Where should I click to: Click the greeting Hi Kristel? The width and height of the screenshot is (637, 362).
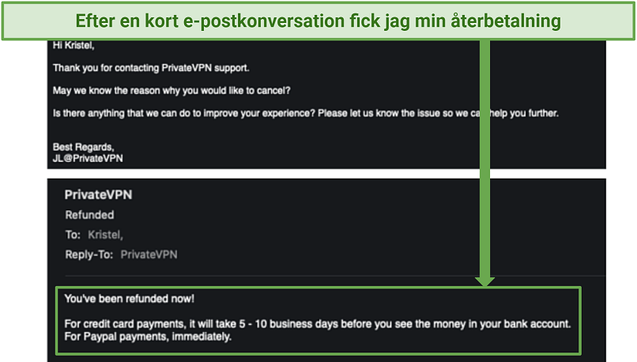click(x=73, y=45)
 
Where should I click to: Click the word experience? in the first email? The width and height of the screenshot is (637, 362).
click(x=288, y=113)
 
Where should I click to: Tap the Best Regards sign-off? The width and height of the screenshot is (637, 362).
click(x=83, y=147)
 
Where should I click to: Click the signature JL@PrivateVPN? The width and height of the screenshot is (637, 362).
click(x=88, y=158)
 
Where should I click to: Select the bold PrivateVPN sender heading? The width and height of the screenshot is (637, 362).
click(x=98, y=194)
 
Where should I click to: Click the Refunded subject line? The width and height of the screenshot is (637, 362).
click(x=89, y=214)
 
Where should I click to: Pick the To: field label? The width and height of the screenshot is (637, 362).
click(x=73, y=235)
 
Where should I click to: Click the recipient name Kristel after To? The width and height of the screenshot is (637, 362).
click(x=105, y=235)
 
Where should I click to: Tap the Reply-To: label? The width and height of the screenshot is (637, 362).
click(x=89, y=255)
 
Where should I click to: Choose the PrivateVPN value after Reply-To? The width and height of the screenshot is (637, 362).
click(x=149, y=255)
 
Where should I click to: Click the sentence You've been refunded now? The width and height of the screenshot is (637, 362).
click(x=129, y=299)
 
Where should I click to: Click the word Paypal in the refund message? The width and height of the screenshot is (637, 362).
click(x=100, y=337)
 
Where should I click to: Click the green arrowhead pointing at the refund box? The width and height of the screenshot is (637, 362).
click(x=484, y=281)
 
